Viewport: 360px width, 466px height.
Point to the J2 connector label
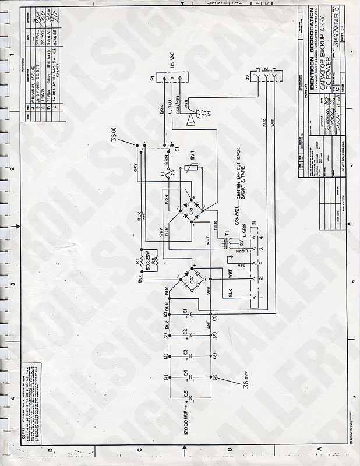(x=249, y=76)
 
